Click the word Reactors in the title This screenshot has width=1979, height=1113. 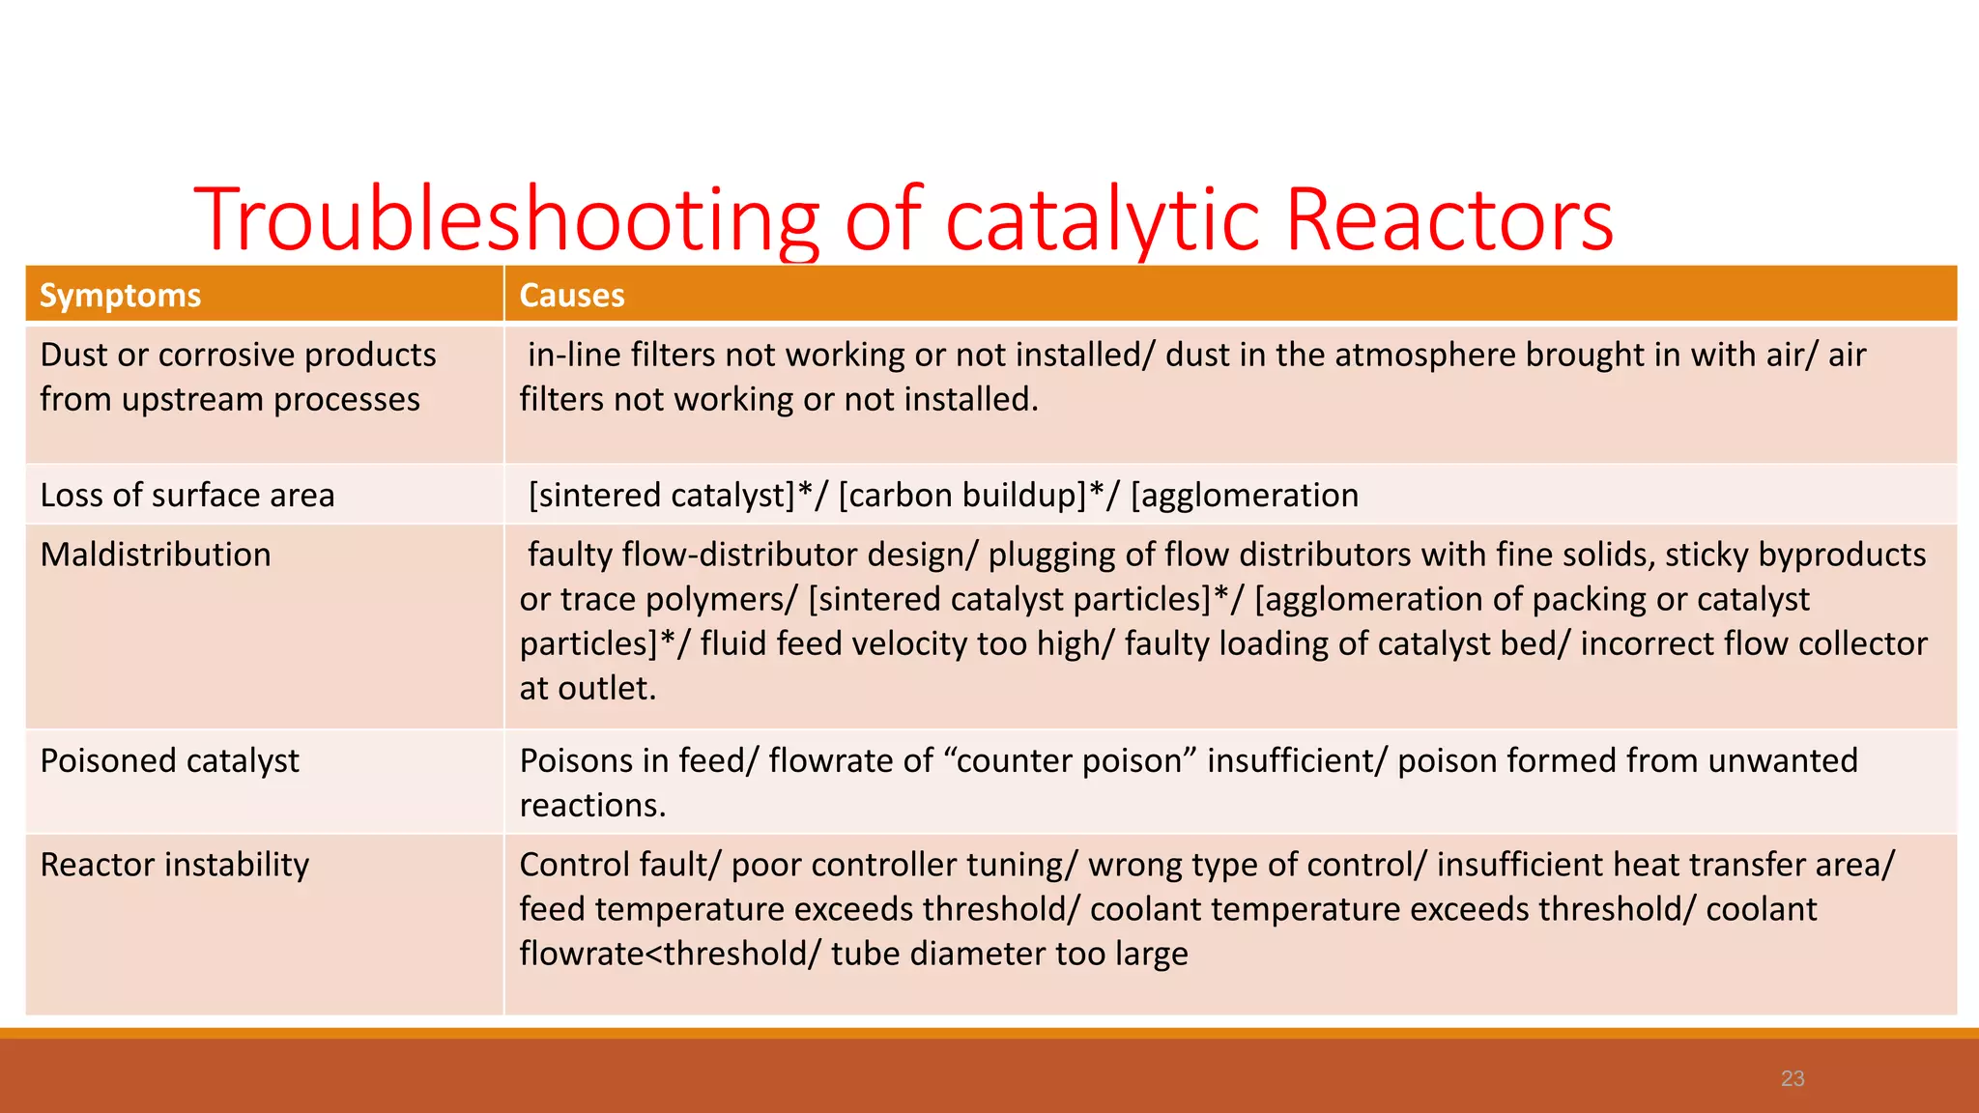[1448, 220]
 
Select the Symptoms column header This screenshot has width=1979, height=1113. [120, 295]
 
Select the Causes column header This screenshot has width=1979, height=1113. [572, 295]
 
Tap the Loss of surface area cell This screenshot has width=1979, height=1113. [187, 495]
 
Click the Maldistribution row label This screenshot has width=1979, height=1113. [156, 555]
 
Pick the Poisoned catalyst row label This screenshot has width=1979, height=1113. [170, 760]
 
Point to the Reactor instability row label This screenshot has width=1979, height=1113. [175, 864]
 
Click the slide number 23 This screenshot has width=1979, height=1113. [1793, 1078]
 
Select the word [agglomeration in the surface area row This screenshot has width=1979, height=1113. [1245, 495]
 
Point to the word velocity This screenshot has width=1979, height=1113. [893, 643]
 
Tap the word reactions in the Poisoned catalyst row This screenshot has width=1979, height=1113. [592, 805]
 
